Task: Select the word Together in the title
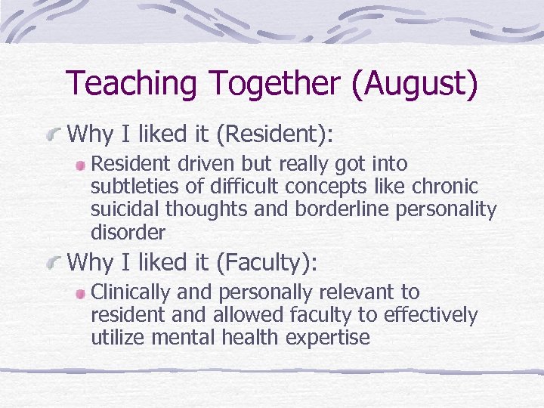267,84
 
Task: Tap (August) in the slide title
414,84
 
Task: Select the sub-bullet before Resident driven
81,165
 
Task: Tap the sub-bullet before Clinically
81,293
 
